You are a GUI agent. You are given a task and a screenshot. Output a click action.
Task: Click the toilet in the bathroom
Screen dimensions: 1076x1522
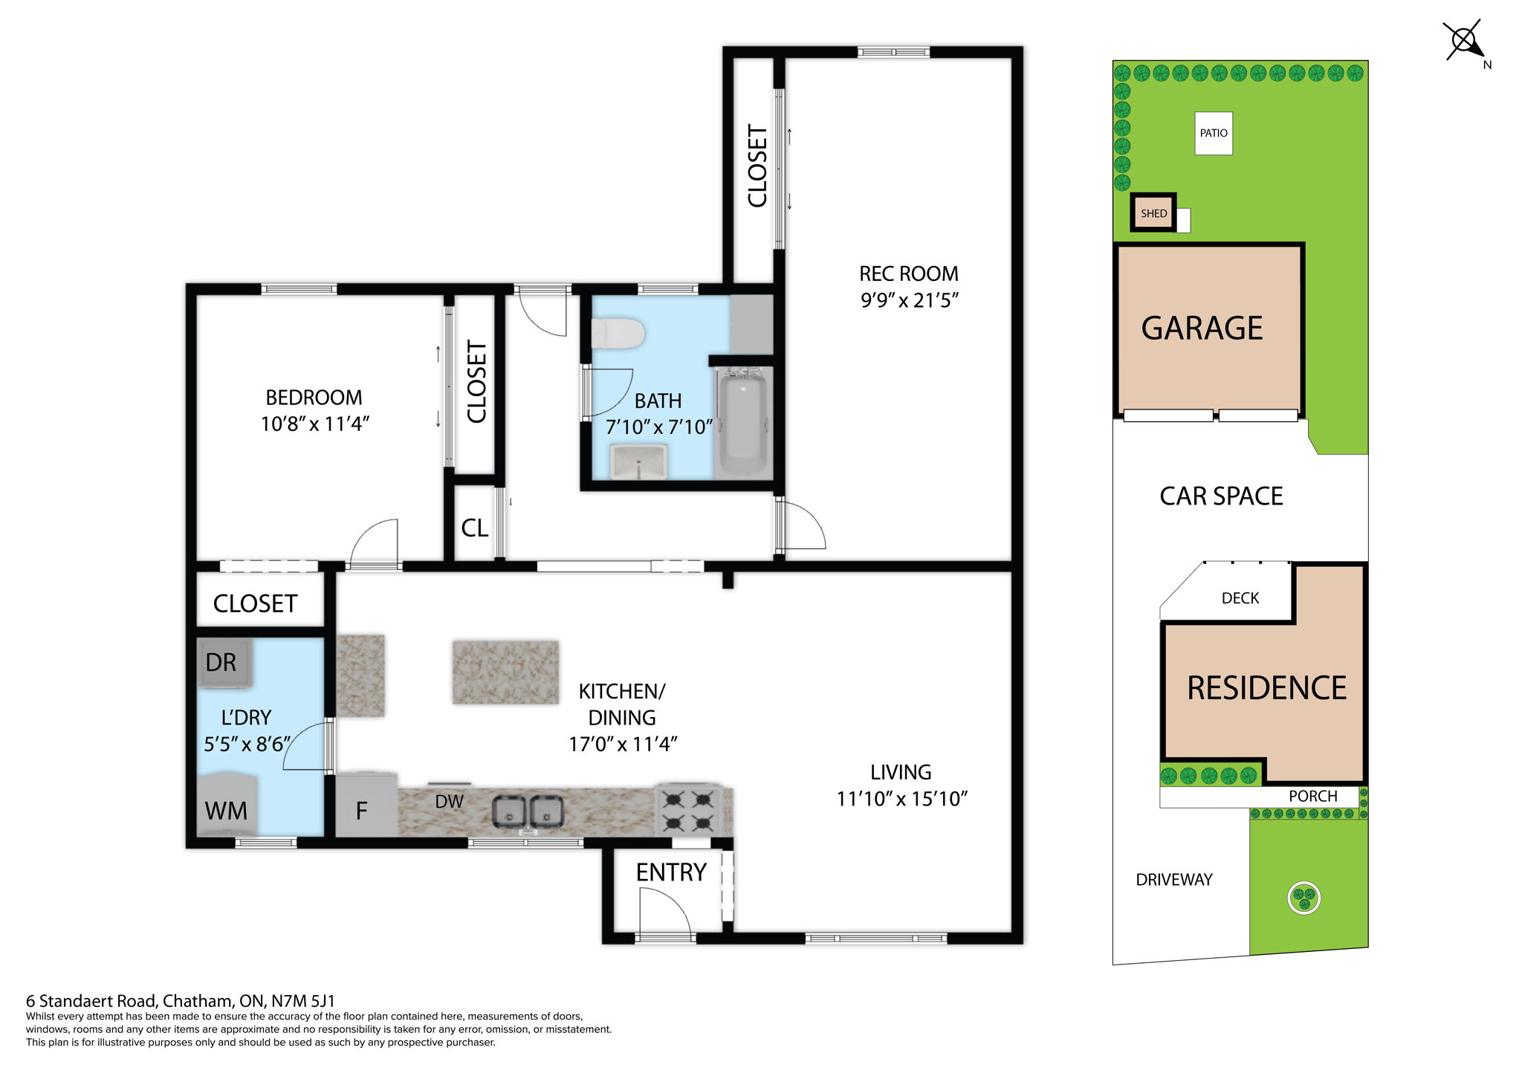(x=617, y=334)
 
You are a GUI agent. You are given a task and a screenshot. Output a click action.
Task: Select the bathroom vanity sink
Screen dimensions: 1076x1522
(x=638, y=461)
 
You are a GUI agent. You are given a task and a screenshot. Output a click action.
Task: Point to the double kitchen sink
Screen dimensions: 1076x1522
(x=528, y=811)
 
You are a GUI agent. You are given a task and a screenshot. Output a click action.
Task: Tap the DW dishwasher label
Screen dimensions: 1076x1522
(x=449, y=802)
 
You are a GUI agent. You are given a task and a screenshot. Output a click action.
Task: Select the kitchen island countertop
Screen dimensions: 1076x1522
(x=505, y=672)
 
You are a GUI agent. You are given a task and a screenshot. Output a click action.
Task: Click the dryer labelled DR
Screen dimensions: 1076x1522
(x=224, y=662)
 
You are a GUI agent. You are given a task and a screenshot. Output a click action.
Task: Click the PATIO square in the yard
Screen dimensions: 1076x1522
(x=1213, y=133)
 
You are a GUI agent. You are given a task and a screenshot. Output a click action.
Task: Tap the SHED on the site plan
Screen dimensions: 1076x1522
(x=1153, y=213)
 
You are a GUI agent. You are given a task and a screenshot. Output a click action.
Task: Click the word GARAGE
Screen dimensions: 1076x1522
(x=1202, y=328)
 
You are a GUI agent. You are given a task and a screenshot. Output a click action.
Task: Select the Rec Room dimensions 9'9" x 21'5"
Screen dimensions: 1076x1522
(x=910, y=300)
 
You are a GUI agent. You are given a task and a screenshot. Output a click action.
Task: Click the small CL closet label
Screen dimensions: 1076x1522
(x=474, y=528)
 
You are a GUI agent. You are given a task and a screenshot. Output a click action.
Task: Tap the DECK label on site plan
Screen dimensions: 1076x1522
(x=1240, y=598)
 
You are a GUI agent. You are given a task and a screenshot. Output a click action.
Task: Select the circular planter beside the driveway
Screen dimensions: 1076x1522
(x=1304, y=898)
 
